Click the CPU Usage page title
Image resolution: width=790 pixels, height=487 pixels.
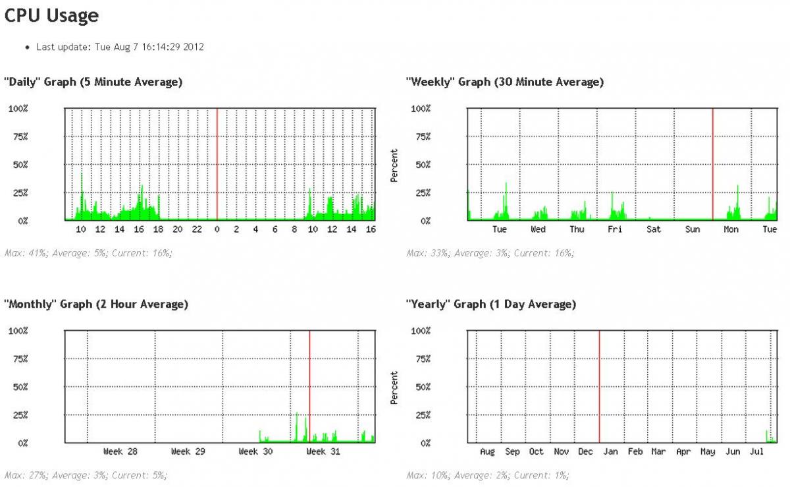point(52,16)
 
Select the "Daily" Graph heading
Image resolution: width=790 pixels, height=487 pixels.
point(93,82)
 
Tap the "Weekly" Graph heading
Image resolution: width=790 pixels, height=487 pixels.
point(505,82)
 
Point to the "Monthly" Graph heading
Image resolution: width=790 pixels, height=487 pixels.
point(96,304)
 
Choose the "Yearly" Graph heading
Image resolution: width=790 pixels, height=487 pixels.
point(491,304)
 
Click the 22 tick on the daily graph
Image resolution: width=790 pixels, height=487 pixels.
point(197,229)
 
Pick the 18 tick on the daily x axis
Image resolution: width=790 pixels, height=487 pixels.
point(158,229)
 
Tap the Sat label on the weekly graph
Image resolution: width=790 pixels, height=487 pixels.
point(654,229)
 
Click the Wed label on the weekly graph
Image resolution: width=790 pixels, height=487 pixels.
point(538,229)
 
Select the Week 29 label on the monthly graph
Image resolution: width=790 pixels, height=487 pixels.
point(189,451)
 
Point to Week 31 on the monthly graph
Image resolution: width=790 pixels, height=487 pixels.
point(325,451)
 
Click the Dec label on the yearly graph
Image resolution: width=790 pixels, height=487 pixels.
point(585,451)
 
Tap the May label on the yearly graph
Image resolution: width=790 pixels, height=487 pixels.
point(708,451)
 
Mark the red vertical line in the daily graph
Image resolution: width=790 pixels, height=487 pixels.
point(217,165)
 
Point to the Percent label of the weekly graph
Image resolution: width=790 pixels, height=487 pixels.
point(394,165)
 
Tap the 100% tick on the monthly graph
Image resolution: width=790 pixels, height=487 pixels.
point(18,330)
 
